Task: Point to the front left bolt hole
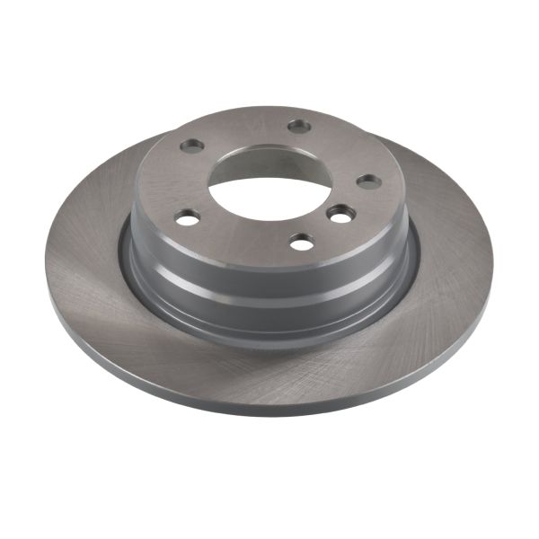tap(187, 217)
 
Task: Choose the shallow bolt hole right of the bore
tap(368, 181)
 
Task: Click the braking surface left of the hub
tap(85, 269)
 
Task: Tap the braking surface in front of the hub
tap(269, 359)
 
